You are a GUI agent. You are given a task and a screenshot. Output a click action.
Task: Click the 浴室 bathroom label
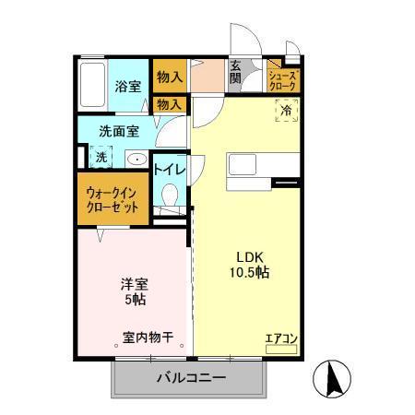coord(128,87)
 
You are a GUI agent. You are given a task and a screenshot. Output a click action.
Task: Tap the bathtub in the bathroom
coord(92,87)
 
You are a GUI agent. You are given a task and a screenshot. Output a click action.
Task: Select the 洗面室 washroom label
coord(119,131)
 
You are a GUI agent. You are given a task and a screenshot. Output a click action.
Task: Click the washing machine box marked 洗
coord(101,157)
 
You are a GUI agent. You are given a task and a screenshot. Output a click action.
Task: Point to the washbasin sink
coord(136,158)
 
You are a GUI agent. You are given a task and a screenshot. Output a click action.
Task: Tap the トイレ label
coord(170,169)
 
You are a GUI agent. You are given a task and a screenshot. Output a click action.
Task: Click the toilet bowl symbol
coord(170,196)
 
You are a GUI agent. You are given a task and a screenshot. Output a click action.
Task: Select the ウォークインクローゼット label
coord(113,200)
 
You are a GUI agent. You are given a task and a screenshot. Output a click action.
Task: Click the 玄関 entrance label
coord(236,73)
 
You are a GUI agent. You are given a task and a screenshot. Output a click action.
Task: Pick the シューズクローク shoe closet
coord(282,80)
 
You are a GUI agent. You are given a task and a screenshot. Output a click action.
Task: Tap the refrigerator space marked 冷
coord(286,111)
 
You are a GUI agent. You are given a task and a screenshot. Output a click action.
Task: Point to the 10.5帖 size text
coord(249,273)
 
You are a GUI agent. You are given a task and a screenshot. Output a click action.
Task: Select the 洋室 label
coord(134,282)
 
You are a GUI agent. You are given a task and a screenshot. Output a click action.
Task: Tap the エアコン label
coord(281,339)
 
